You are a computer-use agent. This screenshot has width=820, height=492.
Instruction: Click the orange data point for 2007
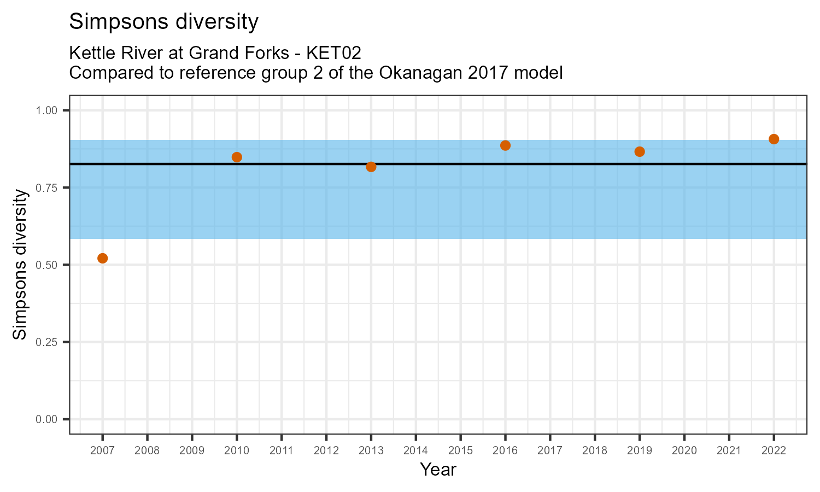102,258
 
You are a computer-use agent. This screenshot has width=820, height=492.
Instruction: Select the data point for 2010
237,157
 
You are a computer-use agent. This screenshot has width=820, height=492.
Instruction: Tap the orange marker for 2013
371,167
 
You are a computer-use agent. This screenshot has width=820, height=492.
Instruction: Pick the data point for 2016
505,145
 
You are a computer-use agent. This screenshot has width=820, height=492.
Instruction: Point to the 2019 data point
640,151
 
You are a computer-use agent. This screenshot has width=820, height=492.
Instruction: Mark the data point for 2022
774,139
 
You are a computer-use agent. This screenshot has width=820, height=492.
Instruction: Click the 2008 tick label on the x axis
147,451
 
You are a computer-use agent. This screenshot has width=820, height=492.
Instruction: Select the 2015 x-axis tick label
460,451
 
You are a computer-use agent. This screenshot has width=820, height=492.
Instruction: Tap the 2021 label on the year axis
729,451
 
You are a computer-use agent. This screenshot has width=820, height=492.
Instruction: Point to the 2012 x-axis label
326,451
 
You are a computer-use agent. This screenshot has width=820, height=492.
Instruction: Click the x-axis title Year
438,470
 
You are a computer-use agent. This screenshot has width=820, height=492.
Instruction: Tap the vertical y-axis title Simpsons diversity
20,265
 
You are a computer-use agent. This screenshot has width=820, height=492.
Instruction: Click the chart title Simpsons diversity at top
164,22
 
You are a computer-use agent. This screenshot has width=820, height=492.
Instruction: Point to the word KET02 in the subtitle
333,53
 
